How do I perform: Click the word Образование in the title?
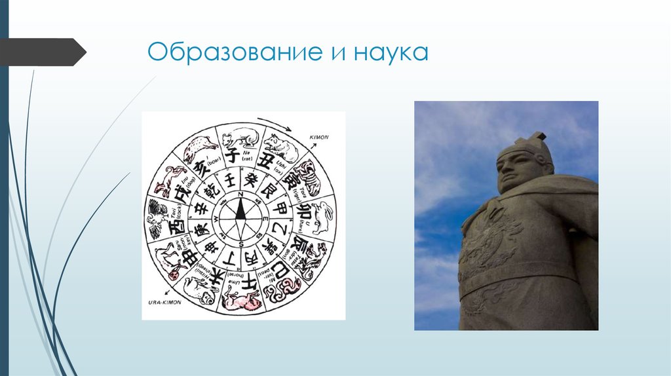click(233, 52)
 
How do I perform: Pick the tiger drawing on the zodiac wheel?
click(309, 176)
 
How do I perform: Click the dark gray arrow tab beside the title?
click(43, 52)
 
